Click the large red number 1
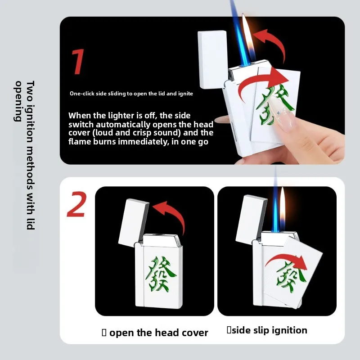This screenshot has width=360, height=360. coord(77,62)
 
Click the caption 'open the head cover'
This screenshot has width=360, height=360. coord(159,333)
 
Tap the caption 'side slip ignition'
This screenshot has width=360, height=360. coord(270,330)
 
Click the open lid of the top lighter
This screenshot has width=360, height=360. coord(212,59)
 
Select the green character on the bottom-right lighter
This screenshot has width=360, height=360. coord(291,277)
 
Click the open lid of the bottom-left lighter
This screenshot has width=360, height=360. coord(133,223)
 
